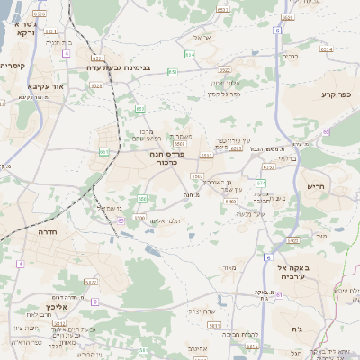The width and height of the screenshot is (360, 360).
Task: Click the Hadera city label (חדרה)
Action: [47, 231]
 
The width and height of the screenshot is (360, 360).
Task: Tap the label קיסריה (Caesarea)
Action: [13, 66]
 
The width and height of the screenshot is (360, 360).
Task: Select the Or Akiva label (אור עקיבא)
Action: [47, 85]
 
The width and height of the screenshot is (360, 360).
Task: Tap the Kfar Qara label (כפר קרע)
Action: [336, 94]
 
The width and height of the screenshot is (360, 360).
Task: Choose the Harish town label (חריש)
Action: [320, 186]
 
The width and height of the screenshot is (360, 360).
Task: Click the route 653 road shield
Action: [140, 109]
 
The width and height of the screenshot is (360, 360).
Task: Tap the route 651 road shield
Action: [121, 218]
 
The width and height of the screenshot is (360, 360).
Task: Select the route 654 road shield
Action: [188, 56]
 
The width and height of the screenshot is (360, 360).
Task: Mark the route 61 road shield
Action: [279, 307]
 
